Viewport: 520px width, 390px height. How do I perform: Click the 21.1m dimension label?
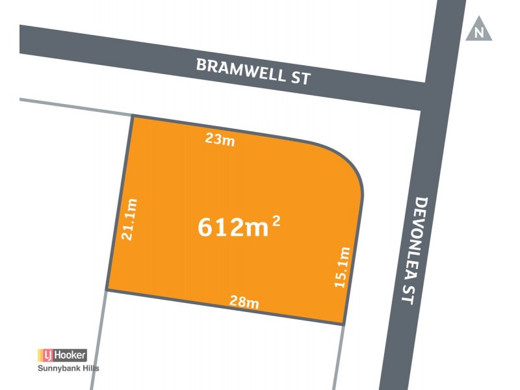coord(129,220)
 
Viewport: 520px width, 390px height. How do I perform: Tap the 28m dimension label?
coord(244,302)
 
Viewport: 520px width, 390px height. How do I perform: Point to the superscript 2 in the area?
coord(276,220)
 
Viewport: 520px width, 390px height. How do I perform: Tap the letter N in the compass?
coord(479,33)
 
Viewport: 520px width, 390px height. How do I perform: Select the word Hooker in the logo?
coord(70,355)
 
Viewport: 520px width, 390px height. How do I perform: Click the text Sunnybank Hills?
coord(67,369)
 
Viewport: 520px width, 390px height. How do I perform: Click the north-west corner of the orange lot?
coord(133,116)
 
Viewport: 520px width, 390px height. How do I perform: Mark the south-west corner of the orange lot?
coord(107,291)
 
